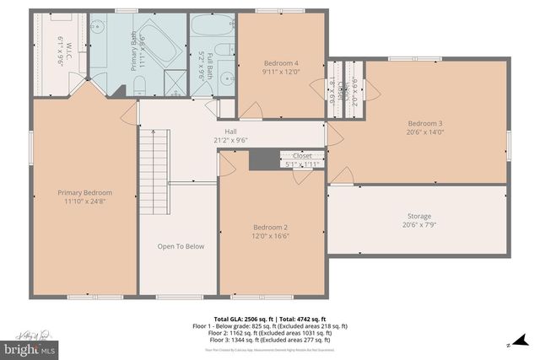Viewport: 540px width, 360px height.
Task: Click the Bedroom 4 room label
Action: click(282, 63)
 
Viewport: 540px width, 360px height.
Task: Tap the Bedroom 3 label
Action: click(425, 123)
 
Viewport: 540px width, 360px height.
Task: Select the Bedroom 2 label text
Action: click(271, 227)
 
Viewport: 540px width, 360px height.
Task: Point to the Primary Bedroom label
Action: click(84, 192)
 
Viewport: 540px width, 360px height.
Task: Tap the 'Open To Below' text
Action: click(181, 246)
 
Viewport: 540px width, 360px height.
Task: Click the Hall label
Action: click(230, 131)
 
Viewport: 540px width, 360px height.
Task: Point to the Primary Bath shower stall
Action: click(175, 83)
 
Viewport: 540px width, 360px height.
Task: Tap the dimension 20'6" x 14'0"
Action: click(425, 132)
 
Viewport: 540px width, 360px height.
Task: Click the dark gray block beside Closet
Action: click(264, 159)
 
